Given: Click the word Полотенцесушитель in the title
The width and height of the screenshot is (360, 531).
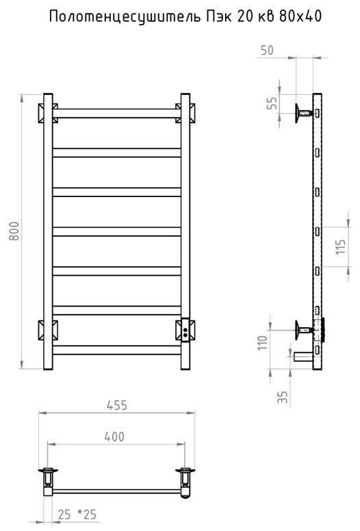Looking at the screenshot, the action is pos(125,16).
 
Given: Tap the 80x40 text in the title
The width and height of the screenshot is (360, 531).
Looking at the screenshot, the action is pos(300,16).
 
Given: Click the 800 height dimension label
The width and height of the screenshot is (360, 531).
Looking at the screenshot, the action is pos(14,231).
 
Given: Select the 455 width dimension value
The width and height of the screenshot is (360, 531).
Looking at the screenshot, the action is pos(117,405).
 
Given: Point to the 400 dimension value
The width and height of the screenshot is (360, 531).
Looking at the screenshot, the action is pos(114,437).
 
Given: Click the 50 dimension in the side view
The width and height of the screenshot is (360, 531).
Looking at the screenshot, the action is pos(267,50).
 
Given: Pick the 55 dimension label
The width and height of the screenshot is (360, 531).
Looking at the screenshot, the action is pos(272,103).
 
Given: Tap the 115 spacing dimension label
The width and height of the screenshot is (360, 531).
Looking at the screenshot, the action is pos(340,247).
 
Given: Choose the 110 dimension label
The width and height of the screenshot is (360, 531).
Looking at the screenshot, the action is pos(263,343).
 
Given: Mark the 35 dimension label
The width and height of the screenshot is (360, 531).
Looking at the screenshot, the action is pos(283,397).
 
